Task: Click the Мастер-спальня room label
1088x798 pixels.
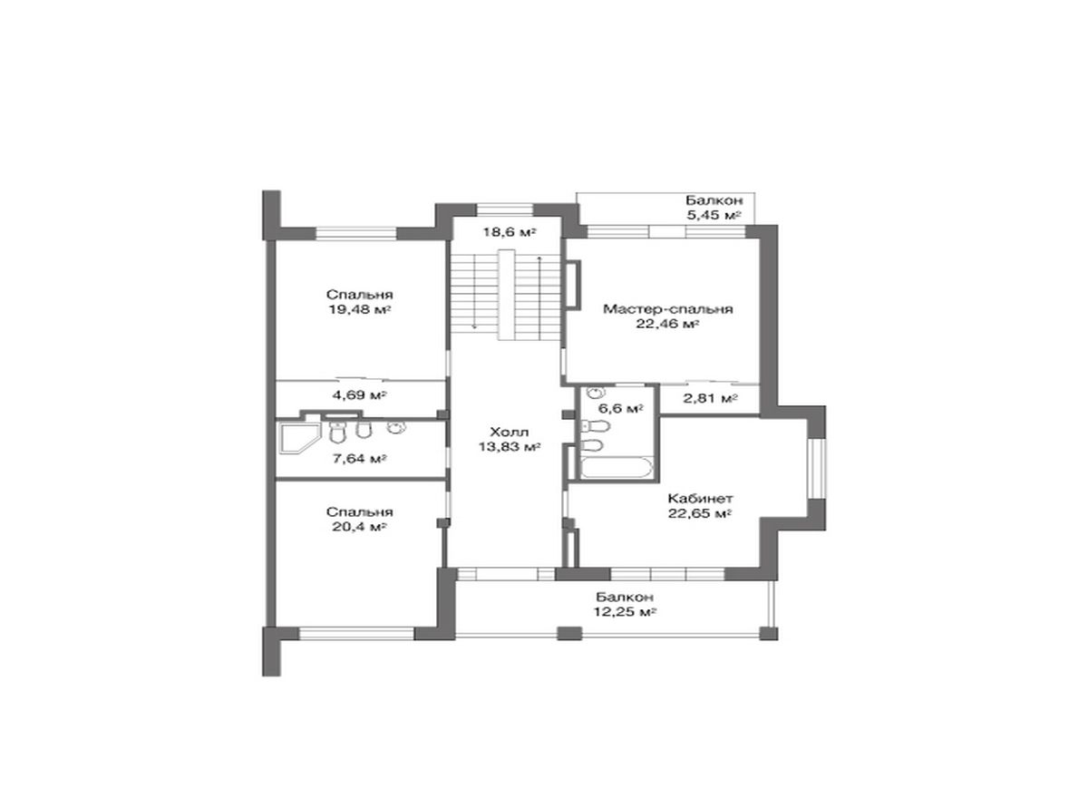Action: point(668,309)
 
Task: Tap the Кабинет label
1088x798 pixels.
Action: point(700,499)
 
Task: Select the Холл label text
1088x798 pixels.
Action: point(510,432)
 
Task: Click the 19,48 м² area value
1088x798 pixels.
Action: point(360,309)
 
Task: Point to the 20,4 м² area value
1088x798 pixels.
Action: point(360,527)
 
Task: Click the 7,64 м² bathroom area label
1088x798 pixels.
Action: point(360,458)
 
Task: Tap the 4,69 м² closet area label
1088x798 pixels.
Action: point(360,394)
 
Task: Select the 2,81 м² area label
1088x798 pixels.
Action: point(711,398)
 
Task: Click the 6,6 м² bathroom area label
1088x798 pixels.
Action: point(621,408)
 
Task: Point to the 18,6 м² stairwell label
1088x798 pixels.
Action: point(510,232)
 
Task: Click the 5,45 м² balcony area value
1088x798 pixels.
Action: point(714,215)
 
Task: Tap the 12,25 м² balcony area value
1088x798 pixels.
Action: point(625,611)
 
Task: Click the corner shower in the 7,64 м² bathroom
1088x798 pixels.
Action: point(297,438)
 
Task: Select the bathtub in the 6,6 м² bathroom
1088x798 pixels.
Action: point(615,468)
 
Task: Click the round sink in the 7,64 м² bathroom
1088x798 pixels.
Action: point(396,427)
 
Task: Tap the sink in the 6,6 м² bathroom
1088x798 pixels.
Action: point(595,392)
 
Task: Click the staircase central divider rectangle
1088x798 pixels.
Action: point(507,295)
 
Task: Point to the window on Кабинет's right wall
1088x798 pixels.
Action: point(816,468)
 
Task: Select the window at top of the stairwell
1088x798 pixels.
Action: point(504,209)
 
